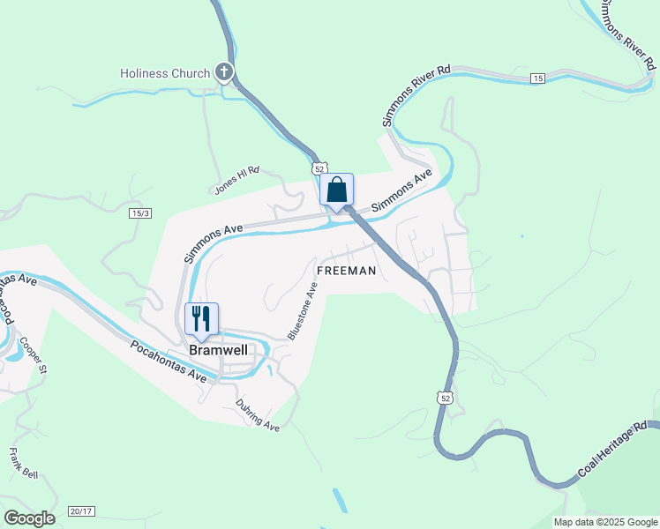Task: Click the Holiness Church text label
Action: pyautogui.click(x=165, y=73)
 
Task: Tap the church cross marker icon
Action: pyautogui.click(x=224, y=72)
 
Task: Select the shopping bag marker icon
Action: pyautogui.click(x=336, y=190)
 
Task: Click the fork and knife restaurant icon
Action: pyautogui.click(x=201, y=319)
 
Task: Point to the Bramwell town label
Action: pyautogui.click(x=217, y=349)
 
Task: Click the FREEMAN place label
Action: pyautogui.click(x=347, y=271)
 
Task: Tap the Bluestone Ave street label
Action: pyautogui.click(x=303, y=310)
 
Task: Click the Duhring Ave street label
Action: pyautogui.click(x=258, y=415)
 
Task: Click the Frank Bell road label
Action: pyautogui.click(x=23, y=464)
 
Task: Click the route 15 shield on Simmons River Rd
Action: pyautogui.click(x=537, y=79)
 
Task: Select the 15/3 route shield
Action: pyautogui.click(x=140, y=213)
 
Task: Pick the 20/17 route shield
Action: pyautogui.click(x=80, y=511)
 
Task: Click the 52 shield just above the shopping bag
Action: pyautogui.click(x=319, y=168)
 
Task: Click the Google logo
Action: pyautogui.click(x=30, y=518)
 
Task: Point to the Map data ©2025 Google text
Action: pyautogui.click(x=605, y=522)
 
